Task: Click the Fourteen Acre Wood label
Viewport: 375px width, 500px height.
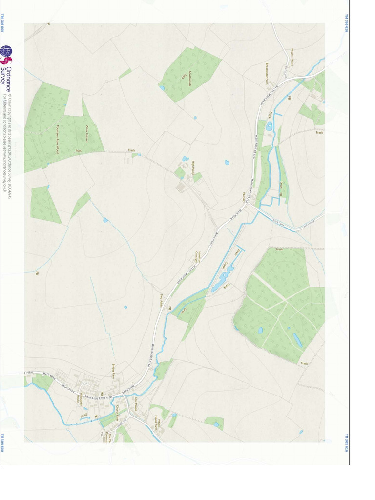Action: [57, 139]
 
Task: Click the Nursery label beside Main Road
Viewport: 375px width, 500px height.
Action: [243, 197]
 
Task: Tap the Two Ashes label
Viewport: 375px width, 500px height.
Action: [162, 300]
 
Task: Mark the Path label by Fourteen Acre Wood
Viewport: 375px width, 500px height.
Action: [79, 151]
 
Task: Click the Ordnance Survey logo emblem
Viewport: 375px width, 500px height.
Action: [6, 54]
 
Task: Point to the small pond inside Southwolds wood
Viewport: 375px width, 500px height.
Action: [162, 88]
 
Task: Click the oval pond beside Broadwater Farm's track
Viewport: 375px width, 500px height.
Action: [269, 126]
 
